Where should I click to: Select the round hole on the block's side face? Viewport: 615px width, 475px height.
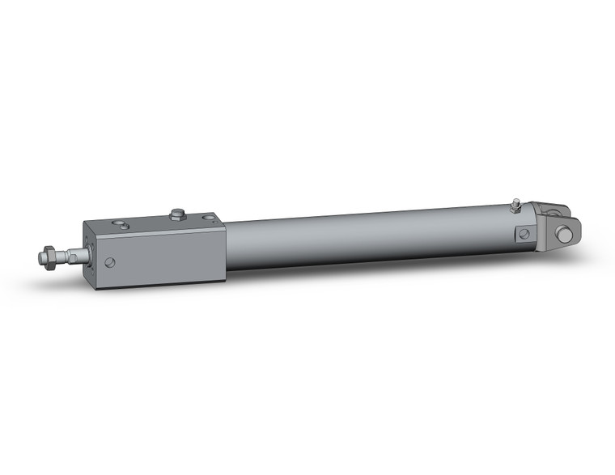point(110,262)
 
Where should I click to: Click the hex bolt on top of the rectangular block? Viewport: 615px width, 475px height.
point(178,214)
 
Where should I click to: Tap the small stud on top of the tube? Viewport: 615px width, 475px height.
point(515,206)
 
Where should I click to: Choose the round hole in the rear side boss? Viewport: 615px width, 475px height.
point(524,234)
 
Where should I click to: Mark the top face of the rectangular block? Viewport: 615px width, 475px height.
point(154,222)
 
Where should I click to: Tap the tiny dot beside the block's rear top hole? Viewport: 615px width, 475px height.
point(199,217)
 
